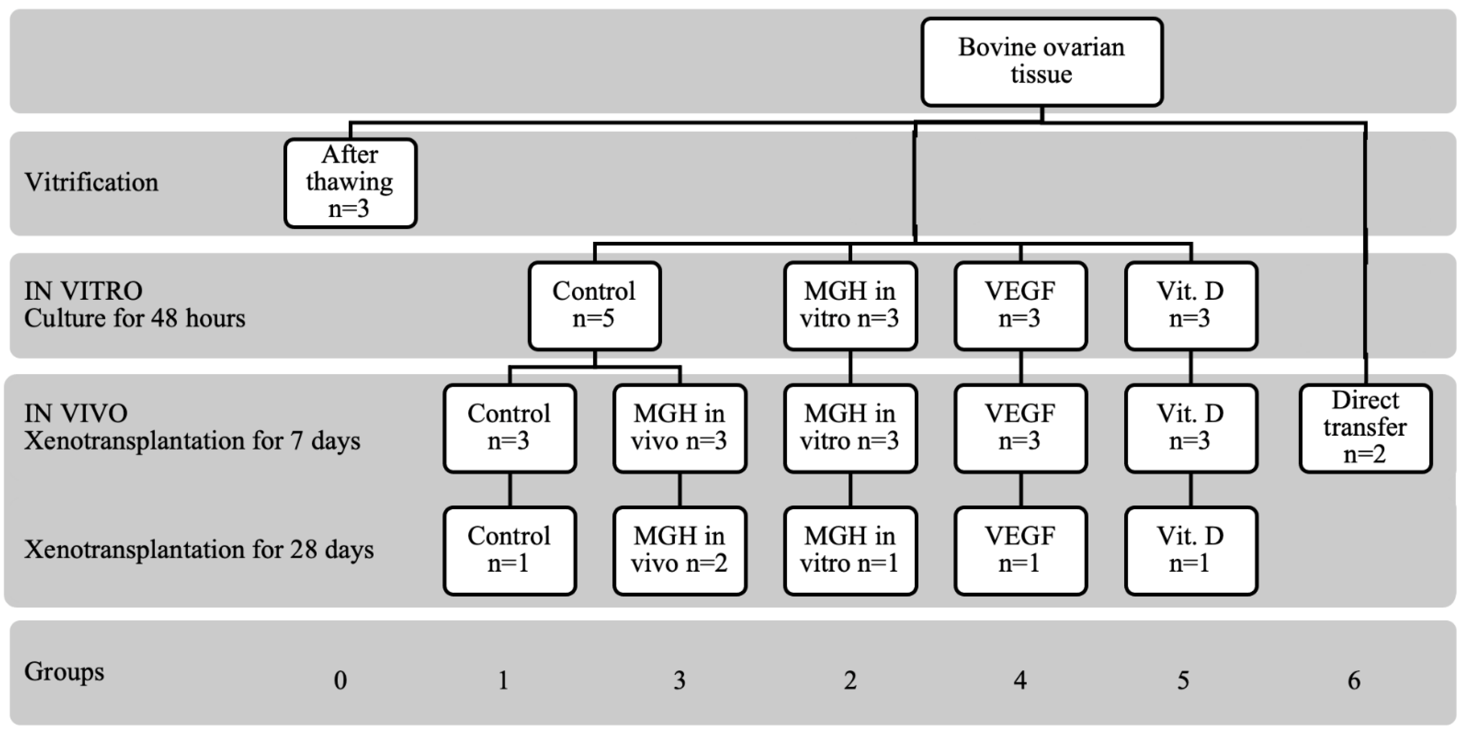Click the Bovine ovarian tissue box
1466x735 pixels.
pos(1042,61)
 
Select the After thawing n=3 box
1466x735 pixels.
pos(350,183)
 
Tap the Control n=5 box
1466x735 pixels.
pos(594,306)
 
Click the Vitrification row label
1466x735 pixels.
pos(91,183)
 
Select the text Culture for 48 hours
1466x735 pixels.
pos(134,319)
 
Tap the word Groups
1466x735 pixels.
pos(64,672)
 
